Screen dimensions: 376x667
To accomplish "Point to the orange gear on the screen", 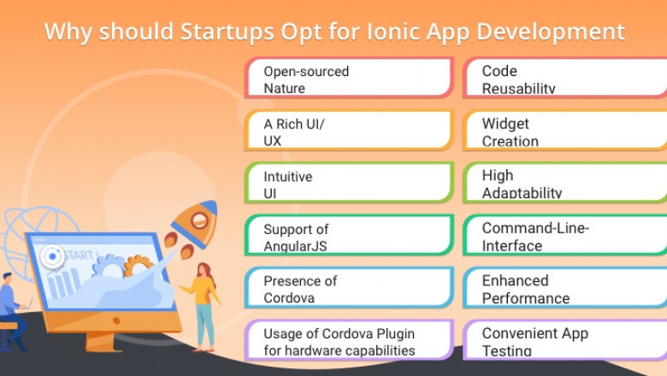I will coord(136,265).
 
